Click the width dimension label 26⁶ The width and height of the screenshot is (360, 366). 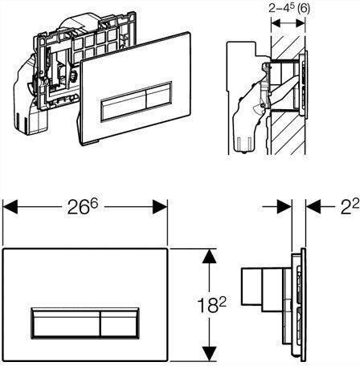click(x=83, y=206)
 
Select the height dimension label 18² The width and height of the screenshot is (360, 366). click(x=212, y=304)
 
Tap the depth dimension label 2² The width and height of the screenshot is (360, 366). click(x=350, y=207)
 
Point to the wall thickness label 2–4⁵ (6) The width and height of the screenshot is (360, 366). click(x=289, y=9)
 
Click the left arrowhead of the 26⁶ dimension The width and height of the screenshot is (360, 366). click(x=10, y=206)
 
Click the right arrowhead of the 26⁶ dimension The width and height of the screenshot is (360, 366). click(x=160, y=206)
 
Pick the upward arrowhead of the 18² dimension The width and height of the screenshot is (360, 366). click(x=209, y=256)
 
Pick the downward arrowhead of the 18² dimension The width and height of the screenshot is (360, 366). click(x=209, y=354)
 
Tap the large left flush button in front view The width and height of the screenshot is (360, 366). click(x=66, y=323)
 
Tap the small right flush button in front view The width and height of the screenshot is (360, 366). click(x=120, y=323)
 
